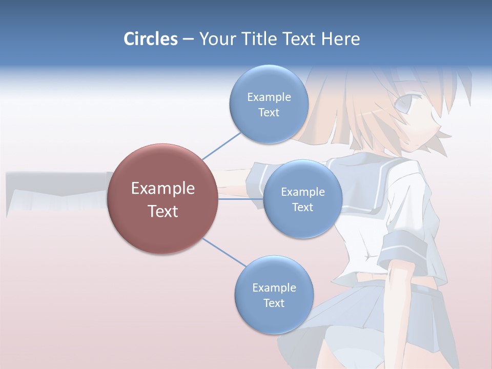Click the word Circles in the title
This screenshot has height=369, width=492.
[x=150, y=39]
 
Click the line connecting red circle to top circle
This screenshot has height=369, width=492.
[x=221, y=146]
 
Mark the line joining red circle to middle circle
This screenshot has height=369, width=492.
[x=240, y=199]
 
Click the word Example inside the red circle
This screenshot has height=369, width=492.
[x=162, y=189]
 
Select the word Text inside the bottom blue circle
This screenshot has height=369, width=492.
[x=274, y=303]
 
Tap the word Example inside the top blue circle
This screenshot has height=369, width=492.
[x=269, y=97]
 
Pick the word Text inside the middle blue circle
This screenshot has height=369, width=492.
[x=302, y=207]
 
